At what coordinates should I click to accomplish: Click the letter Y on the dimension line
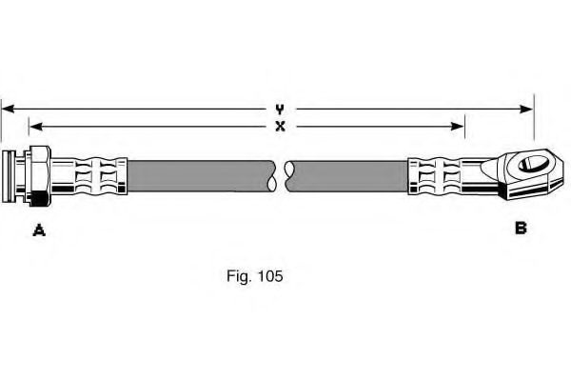point(280,110)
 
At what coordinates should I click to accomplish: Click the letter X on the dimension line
point(280,126)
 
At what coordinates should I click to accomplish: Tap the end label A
point(39,229)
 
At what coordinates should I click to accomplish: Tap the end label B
point(521,229)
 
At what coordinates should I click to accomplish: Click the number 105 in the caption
point(267,277)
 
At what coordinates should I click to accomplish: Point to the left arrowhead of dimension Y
point(6,110)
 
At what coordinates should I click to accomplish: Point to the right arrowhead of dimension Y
point(528,110)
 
